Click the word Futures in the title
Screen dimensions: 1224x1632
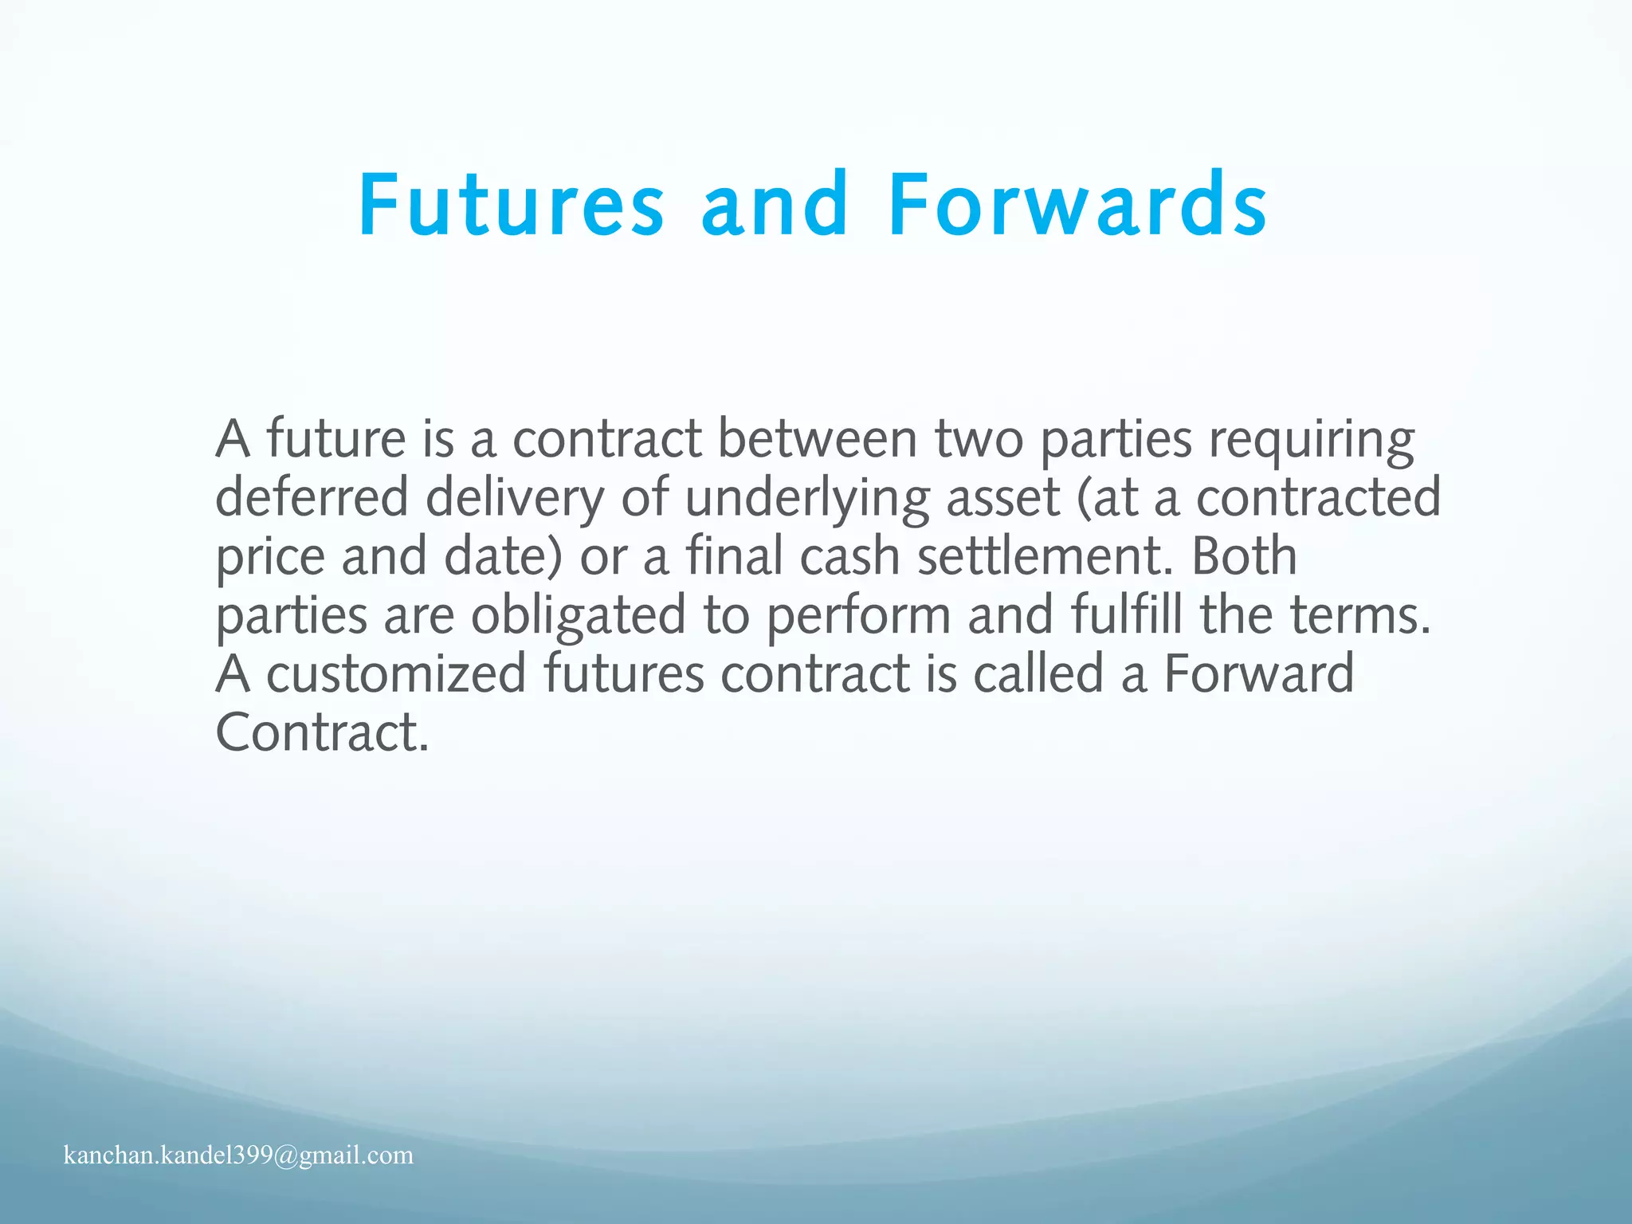511,206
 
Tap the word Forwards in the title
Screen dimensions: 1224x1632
1077,206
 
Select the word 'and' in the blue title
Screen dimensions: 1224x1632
775,206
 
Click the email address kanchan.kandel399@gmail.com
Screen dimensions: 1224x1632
238,1155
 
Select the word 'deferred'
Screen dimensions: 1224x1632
312,498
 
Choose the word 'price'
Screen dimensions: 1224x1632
270,557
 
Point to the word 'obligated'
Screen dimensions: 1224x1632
578,616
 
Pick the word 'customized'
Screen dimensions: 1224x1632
396,674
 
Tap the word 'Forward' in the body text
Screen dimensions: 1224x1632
1259,674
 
